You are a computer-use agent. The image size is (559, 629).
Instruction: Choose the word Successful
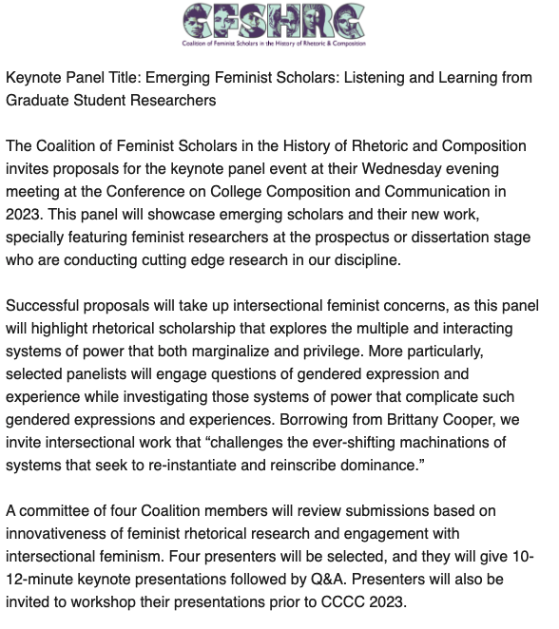45,306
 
